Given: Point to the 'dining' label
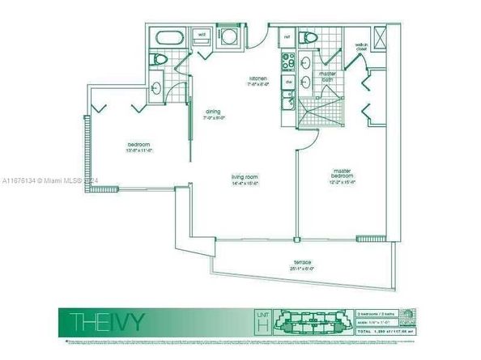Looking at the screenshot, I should coord(214,112).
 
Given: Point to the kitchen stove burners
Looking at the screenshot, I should coord(287,62).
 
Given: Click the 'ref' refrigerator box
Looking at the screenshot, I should coord(287,36).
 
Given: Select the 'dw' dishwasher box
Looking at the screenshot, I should coord(287,83).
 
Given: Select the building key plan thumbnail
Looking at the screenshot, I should coord(311,321).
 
